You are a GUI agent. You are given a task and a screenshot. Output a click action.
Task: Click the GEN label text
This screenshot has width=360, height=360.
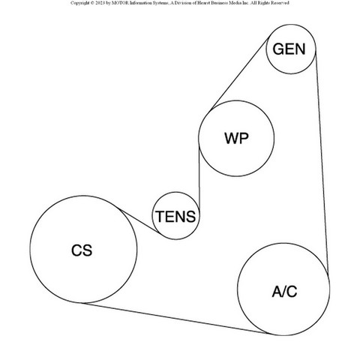point(289,49)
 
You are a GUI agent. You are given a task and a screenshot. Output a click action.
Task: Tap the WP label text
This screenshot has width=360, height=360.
point(236,138)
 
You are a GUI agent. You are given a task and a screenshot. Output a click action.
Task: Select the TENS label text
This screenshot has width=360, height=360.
point(175,217)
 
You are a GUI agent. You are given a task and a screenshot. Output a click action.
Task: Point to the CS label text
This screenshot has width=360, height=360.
point(82,250)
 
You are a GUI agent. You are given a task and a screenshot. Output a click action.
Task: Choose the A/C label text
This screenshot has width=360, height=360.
point(284,292)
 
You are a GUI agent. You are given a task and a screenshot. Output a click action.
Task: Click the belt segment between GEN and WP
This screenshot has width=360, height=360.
point(239,73)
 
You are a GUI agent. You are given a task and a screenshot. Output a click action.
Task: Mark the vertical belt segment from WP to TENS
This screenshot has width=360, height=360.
point(199,177)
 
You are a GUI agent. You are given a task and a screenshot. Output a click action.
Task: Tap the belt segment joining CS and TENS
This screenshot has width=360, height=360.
point(140,221)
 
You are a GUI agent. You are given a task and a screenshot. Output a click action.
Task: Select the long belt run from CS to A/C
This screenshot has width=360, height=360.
point(175,318)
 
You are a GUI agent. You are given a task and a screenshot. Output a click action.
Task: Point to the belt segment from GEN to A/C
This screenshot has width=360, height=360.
point(322,163)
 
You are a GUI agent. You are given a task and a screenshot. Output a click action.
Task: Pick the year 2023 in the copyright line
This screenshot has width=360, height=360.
point(100,3)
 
